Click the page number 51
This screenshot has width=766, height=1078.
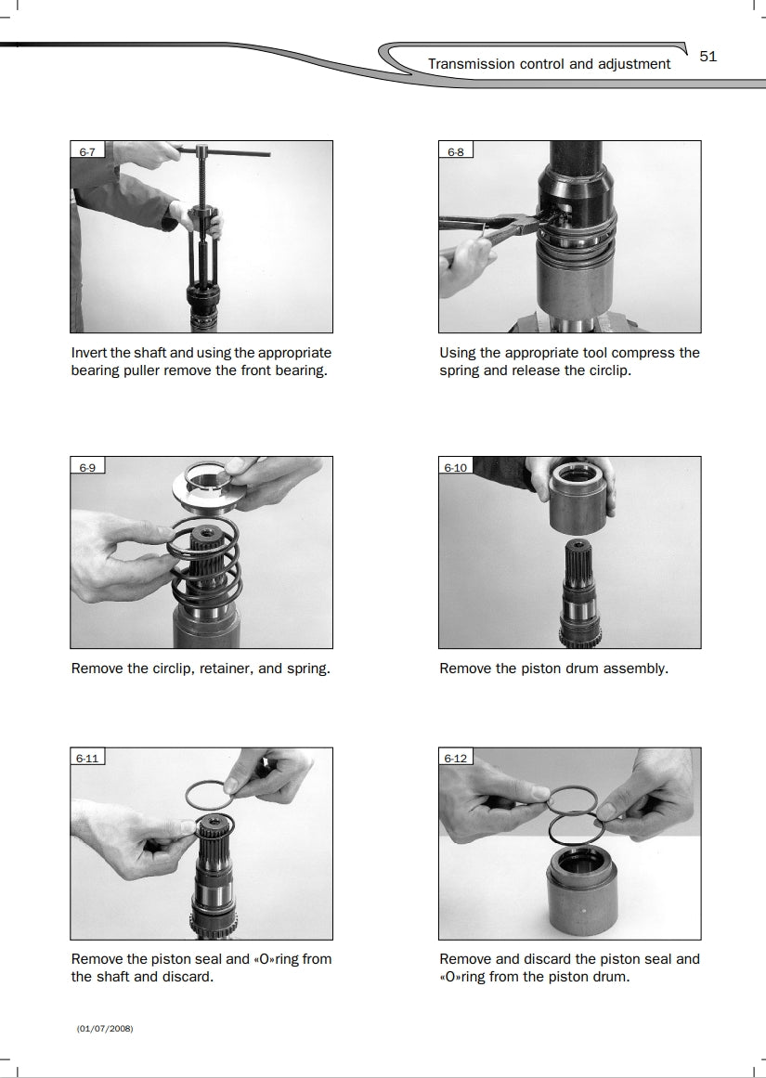click(x=708, y=57)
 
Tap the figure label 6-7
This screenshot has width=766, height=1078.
click(x=87, y=152)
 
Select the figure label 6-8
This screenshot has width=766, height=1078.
click(x=456, y=152)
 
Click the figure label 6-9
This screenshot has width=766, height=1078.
click(x=87, y=467)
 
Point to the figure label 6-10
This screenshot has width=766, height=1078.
click(x=456, y=467)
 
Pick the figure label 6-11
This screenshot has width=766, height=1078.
click(x=87, y=759)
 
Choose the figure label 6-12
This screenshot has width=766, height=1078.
click(x=456, y=759)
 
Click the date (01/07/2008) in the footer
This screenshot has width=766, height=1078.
click(x=105, y=1029)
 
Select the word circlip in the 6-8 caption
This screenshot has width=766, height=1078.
click(x=608, y=370)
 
